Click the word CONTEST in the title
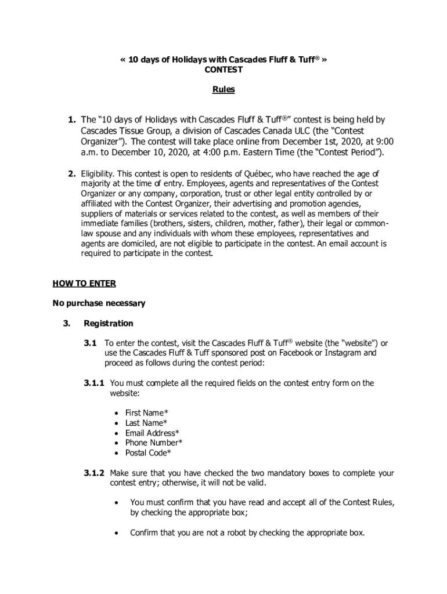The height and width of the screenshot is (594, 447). (x=223, y=70)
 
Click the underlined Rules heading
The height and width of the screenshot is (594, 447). (x=223, y=90)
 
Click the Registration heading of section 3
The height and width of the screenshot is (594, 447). (x=109, y=323)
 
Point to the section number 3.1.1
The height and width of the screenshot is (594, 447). (x=93, y=383)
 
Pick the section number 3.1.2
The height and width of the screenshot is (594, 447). (x=93, y=473)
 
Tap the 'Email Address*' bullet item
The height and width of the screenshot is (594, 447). (x=152, y=433)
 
